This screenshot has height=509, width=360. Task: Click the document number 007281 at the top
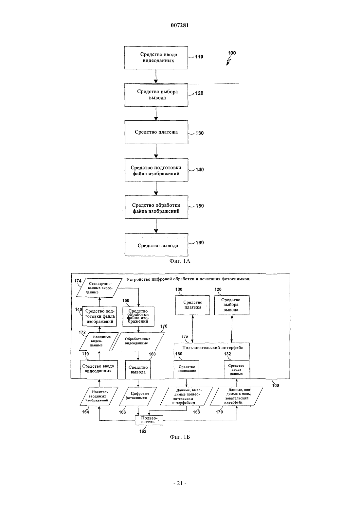[x=180, y=25]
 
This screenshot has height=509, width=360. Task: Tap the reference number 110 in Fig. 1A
[x=199, y=57]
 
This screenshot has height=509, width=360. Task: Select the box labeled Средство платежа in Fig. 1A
[x=156, y=132]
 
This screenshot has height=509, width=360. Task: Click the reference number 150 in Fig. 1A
[x=200, y=206]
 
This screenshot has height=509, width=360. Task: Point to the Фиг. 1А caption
[x=180, y=261]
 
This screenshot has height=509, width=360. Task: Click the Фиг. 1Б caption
[x=180, y=437]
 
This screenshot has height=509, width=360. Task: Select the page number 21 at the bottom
[x=180, y=483]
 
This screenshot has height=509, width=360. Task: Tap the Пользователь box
[x=149, y=420]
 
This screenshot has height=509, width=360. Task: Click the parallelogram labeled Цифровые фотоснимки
[x=138, y=396]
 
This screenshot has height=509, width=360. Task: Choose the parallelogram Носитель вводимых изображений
[x=99, y=396]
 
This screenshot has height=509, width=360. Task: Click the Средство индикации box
[x=186, y=369]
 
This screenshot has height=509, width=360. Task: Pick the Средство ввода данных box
[x=236, y=369]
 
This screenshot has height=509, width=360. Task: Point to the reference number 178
[x=185, y=337]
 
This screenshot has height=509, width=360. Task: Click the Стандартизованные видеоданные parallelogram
[x=98, y=288]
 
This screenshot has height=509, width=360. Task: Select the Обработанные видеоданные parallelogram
[x=138, y=342]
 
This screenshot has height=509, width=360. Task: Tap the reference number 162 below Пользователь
[x=143, y=431]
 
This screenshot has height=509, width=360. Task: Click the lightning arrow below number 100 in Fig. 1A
[x=229, y=61]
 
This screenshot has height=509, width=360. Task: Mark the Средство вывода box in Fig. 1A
[x=156, y=245]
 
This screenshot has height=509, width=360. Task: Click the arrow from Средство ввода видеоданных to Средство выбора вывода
[x=156, y=76]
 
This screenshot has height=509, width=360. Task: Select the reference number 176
[x=164, y=326]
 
